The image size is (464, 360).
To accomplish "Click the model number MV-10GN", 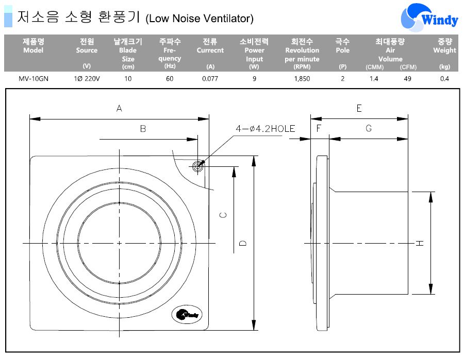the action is pyautogui.click(x=33, y=79).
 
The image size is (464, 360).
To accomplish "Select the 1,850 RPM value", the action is pyautogui.click(x=302, y=79).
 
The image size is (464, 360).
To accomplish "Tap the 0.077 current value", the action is pyautogui.click(x=210, y=79).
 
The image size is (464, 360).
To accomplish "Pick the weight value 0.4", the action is pyautogui.click(x=444, y=79).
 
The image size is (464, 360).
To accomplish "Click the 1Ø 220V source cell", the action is pyautogui.click(x=87, y=79).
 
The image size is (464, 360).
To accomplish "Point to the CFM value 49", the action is pyautogui.click(x=407, y=79).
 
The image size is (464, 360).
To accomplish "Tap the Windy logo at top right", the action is pyautogui.click(x=429, y=17).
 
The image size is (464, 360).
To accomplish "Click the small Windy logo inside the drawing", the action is pyautogui.click(x=187, y=314).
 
